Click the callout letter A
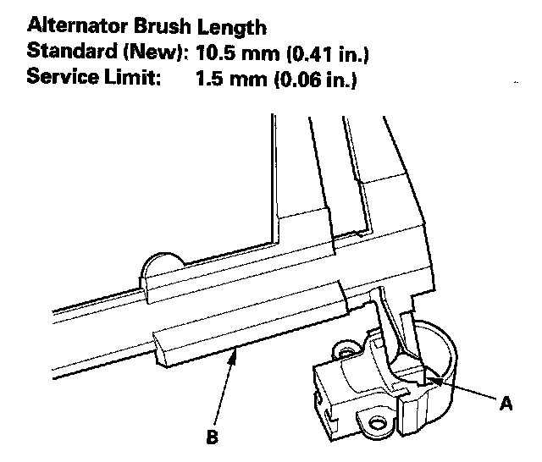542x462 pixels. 506,404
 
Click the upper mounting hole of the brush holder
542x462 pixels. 344,348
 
